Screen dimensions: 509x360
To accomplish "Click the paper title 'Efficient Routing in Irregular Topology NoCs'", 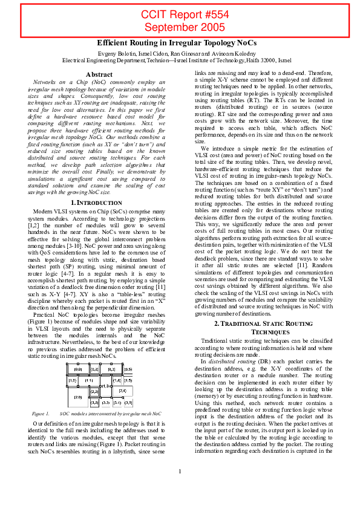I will (177, 44).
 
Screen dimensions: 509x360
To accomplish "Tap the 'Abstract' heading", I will (99, 74).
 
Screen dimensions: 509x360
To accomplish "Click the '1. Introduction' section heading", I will (99, 201).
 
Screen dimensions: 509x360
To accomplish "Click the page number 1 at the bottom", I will (180, 488).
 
